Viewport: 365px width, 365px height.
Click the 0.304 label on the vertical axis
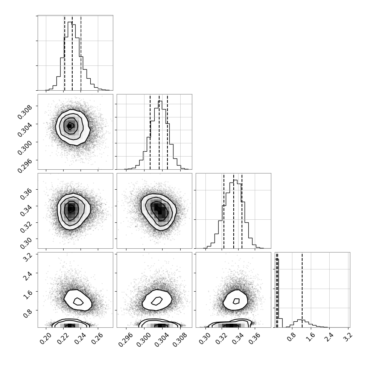(24, 130)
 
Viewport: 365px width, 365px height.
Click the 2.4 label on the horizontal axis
(329, 337)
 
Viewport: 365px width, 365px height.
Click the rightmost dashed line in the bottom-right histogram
(302, 290)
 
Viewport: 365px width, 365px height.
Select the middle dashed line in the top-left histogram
(72, 53)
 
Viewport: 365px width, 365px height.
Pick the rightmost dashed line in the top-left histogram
(81, 53)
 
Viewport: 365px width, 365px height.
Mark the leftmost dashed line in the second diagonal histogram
(150, 132)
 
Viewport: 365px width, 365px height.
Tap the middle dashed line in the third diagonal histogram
(234, 211)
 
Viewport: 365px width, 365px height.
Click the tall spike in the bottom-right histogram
(277, 293)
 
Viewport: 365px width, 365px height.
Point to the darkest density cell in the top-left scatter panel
(69, 126)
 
